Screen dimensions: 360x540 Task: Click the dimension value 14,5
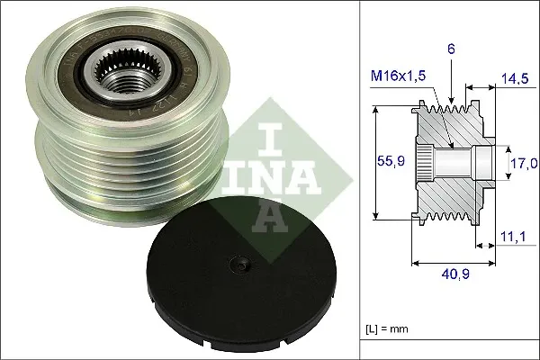[516, 80]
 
